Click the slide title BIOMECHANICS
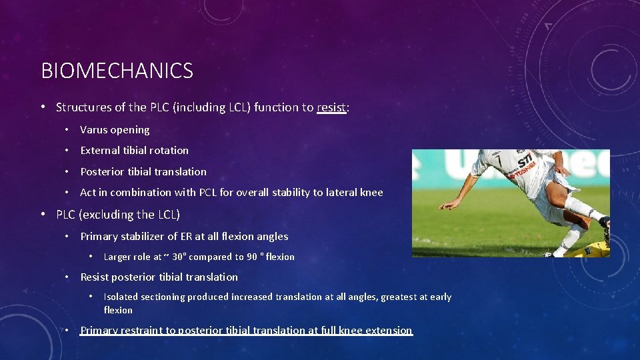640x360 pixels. [x=117, y=71]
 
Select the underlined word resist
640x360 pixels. [x=331, y=107]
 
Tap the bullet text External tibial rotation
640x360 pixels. [x=134, y=151]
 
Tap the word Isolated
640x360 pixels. [x=119, y=297]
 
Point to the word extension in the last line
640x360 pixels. [x=390, y=331]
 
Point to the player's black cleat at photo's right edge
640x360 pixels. [x=605, y=229]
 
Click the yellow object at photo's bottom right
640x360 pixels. [x=595, y=249]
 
